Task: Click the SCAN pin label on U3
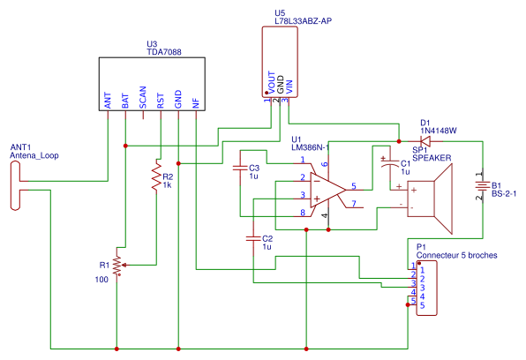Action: (x=143, y=98)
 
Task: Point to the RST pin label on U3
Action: (x=161, y=100)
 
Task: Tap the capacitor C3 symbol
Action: (x=240, y=168)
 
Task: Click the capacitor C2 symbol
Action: (x=254, y=239)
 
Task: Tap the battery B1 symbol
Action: (x=482, y=186)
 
